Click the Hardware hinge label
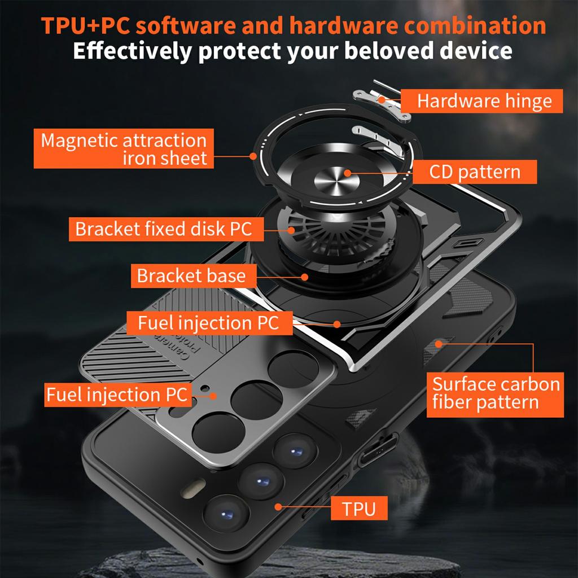pyautogui.click(x=484, y=102)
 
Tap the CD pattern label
pyautogui.click(x=475, y=172)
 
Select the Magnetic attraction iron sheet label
pyautogui.click(x=124, y=148)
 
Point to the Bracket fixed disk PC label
pyautogui.click(x=163, y=229)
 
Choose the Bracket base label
pyautogui.click(x=191, y=276)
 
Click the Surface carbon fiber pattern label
pyautogui.click(x=495, y=393)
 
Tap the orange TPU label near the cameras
pyautogui.click(x=358, y=508)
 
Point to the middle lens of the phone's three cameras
pyautogui.click(x=261, y=480)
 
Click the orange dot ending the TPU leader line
pyautogui.click(x=278, y=508)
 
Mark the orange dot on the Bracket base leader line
pyautogui.click(x=305, y=277)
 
